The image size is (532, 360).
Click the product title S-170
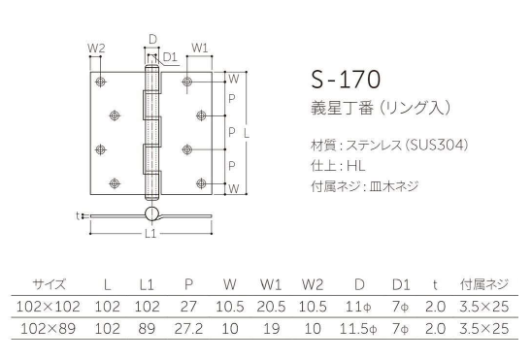(x=346, y=79)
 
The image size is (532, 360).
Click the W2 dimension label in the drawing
(x=95, y=47)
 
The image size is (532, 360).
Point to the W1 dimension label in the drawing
(x=198, y=47)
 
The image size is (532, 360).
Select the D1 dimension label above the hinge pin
(x=169, y=56)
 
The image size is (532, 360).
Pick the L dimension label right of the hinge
(x=257, y=131)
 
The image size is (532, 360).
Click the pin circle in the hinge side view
(x=152, y=214)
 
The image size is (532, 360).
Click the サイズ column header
(x=49, y=284)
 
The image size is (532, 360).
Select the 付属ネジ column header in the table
(x=484, y=284)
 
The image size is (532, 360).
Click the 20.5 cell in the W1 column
(x=271, y=307)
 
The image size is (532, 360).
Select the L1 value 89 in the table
(x=148, y=328)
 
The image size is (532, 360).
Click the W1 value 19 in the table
(x=271, y=328)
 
